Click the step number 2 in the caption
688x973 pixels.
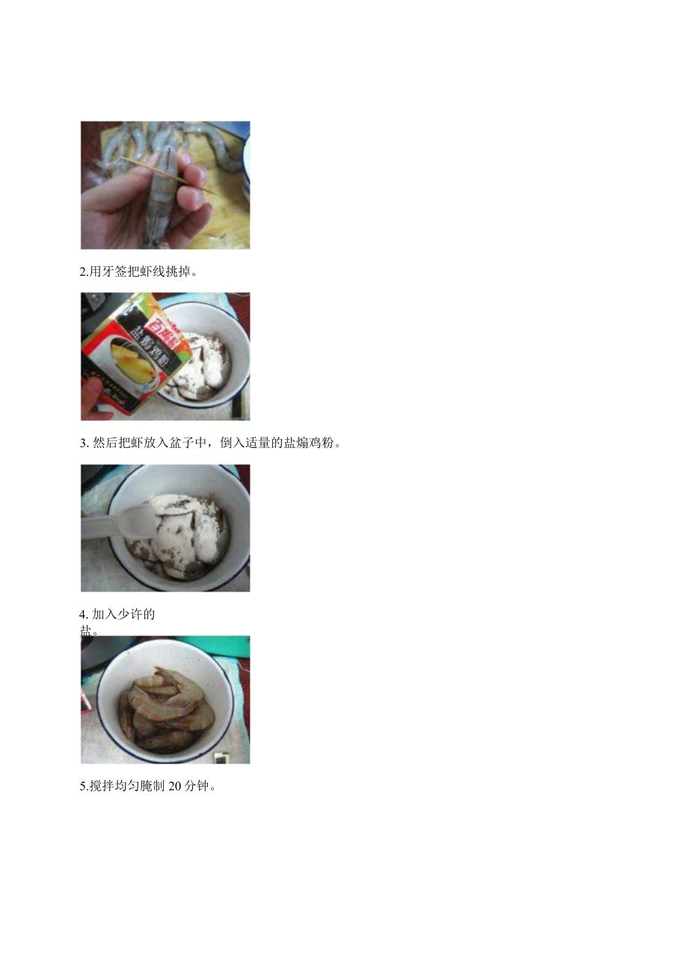(83, 271)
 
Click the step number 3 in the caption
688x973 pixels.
(84, 443)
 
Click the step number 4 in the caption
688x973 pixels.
(84, 615)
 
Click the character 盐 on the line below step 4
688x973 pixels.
(87, 630)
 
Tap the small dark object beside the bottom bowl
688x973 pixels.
(222, 757)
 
